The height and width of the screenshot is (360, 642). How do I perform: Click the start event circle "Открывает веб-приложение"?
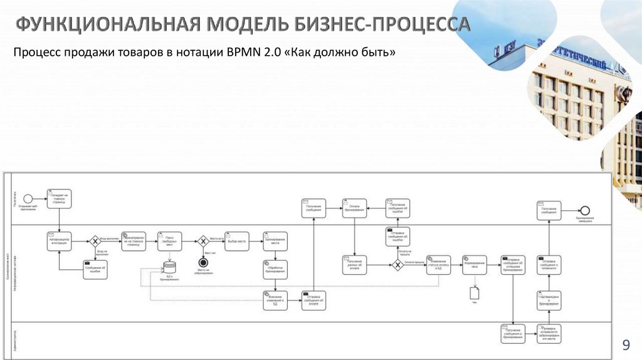click(x=28, y=198)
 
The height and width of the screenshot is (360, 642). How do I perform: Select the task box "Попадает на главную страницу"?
click(x=58, y=198)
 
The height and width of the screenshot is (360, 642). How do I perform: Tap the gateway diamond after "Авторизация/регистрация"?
click(x=95, y=240)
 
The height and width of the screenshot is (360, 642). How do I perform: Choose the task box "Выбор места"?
click(x=237, y=240)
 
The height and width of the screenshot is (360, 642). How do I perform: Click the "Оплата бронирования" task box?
click(x=354, y=208)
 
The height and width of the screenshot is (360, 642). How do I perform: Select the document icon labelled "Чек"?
click(x=475, y=292)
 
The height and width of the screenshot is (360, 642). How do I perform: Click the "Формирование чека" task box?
click(x=475, y=265)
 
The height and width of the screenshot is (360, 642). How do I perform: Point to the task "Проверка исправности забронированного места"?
click(x=549, y=334)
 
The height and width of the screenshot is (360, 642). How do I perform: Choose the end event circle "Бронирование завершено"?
click(x=585, y=209)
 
